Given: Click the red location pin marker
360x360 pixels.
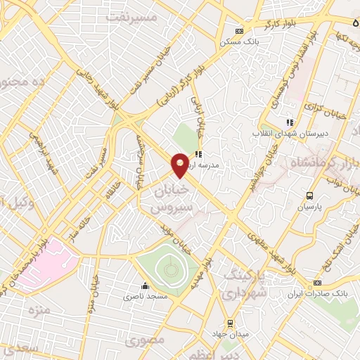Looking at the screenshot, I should click(180, 164).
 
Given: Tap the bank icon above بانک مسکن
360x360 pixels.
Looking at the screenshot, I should click(240, 32).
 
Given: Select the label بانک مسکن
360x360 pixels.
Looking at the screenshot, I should click(236, 42).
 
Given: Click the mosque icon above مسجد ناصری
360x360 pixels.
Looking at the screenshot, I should click(145, 286).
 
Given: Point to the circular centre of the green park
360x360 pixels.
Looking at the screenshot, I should click(169, 268).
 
